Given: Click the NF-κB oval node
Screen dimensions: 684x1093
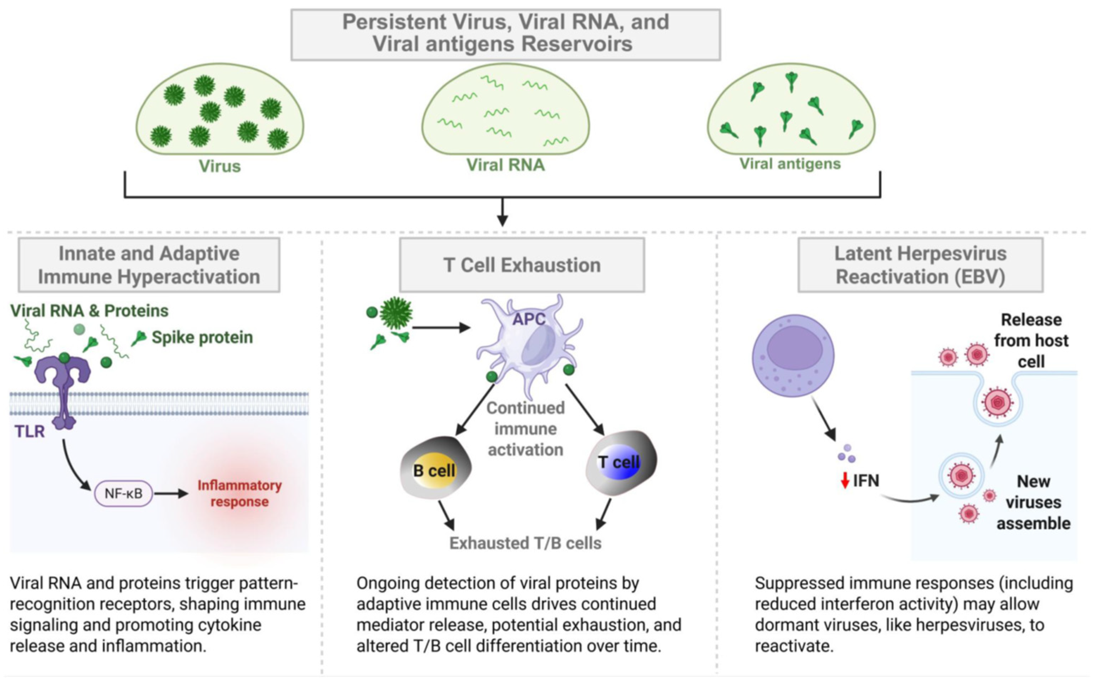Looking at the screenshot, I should pyautogui.click(x=123, y=493).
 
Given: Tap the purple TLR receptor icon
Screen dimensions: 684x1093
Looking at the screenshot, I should pyautogui.click(x=63, y=389).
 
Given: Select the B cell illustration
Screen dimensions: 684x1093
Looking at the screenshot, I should pyautogui.click(x=435, y=468).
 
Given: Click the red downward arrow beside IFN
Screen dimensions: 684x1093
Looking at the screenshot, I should pyautogui.click(x=845, y=481).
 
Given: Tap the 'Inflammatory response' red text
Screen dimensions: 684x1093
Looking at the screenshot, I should pyautogui.click(x=239, y=494).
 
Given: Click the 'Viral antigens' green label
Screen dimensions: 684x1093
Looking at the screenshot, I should pyautogui.click(x=790, y=163).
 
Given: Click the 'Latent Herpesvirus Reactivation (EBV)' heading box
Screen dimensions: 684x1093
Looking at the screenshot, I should pyautogui.click(x=920, y=265).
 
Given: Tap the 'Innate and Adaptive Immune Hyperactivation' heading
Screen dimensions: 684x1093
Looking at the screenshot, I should pyautogui.click(x=149, y=265).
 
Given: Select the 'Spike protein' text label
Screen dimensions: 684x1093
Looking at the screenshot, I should pyautogui.click(x=202, y=338).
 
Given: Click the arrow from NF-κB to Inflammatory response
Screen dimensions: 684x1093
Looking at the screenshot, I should pyautogui.click(x=171, y=494).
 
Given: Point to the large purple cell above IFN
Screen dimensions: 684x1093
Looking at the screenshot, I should pyautogui.click(x=793, y=356).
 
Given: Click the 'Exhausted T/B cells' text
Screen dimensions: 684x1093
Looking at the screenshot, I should pyautogui.click(x=525, y=543).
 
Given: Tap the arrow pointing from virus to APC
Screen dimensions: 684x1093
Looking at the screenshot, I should pyautogui.click(x=441, y=328).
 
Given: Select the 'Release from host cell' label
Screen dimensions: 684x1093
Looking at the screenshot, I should pyautogui.click(x=1031, y=341).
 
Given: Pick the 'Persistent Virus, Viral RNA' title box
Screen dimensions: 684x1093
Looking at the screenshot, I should pyautogui.click(x=505, y=34).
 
